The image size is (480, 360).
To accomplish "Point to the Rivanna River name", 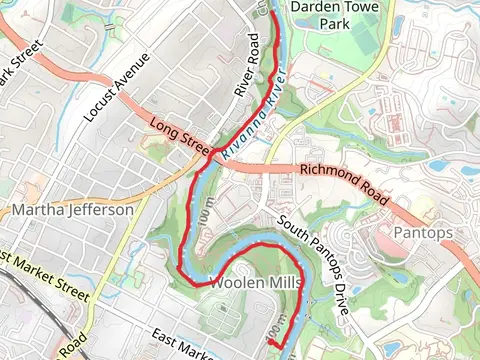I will point(255,116).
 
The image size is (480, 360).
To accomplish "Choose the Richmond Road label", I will point(343,184).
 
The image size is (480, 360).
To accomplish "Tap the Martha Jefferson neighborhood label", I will point(72,211).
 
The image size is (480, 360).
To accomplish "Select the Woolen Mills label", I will point(255,283).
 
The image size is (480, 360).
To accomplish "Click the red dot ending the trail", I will point(269,343).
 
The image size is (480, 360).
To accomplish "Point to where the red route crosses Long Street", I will point(211,152).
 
